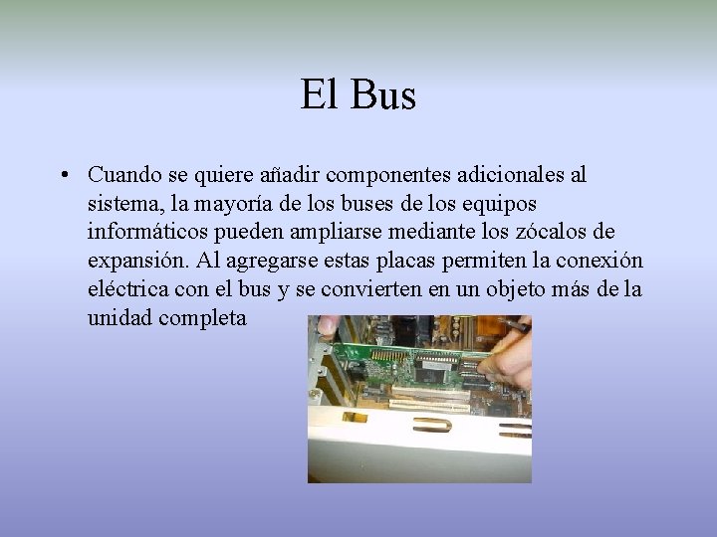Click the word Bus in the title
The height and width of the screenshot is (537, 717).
382,96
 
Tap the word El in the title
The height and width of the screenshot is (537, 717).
319,96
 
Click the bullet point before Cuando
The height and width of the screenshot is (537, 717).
62,176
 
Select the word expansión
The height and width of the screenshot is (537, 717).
134,262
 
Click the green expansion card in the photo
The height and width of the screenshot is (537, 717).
418,368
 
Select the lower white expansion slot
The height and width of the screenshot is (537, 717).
428,406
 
